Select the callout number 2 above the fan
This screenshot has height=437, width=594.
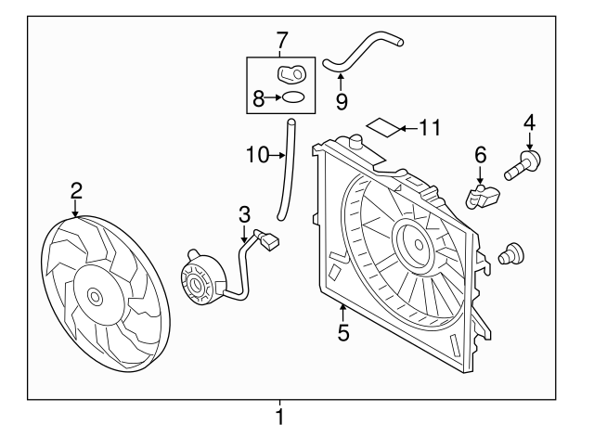[76, 191]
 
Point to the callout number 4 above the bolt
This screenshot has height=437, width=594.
[529, 122]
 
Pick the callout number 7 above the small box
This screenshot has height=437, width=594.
[282, 40]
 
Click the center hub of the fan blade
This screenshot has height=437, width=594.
[95, 297]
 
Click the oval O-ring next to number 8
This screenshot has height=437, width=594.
[292, 96]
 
